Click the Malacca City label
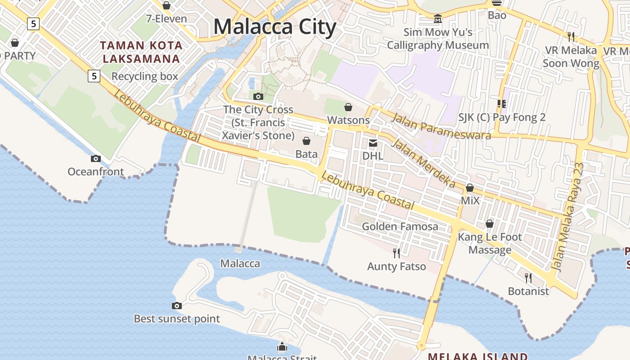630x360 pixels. click(274, 27)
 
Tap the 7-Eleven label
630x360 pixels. click(166, 19)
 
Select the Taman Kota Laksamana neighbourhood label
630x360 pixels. click(141, 52)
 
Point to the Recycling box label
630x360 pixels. click(145, 76)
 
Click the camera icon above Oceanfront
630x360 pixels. click(95, 158)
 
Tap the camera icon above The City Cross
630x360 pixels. click(258, 96)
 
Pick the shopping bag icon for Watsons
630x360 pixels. click(348, 107)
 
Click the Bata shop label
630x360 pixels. click(306, 154)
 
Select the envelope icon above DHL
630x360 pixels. click(373, 143)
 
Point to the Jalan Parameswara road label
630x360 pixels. click(441, 126)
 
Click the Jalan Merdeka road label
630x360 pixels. click(423, 163)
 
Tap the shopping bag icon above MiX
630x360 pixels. click(470, 188)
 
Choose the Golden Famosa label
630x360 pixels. click(400, 226)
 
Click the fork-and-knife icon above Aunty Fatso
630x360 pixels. click(396, 253)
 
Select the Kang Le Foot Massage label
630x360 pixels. click(490, 243)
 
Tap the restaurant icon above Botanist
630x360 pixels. click(528, 278)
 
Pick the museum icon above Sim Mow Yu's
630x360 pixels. click(438, 19)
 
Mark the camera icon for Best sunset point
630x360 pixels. click(177, 306)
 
